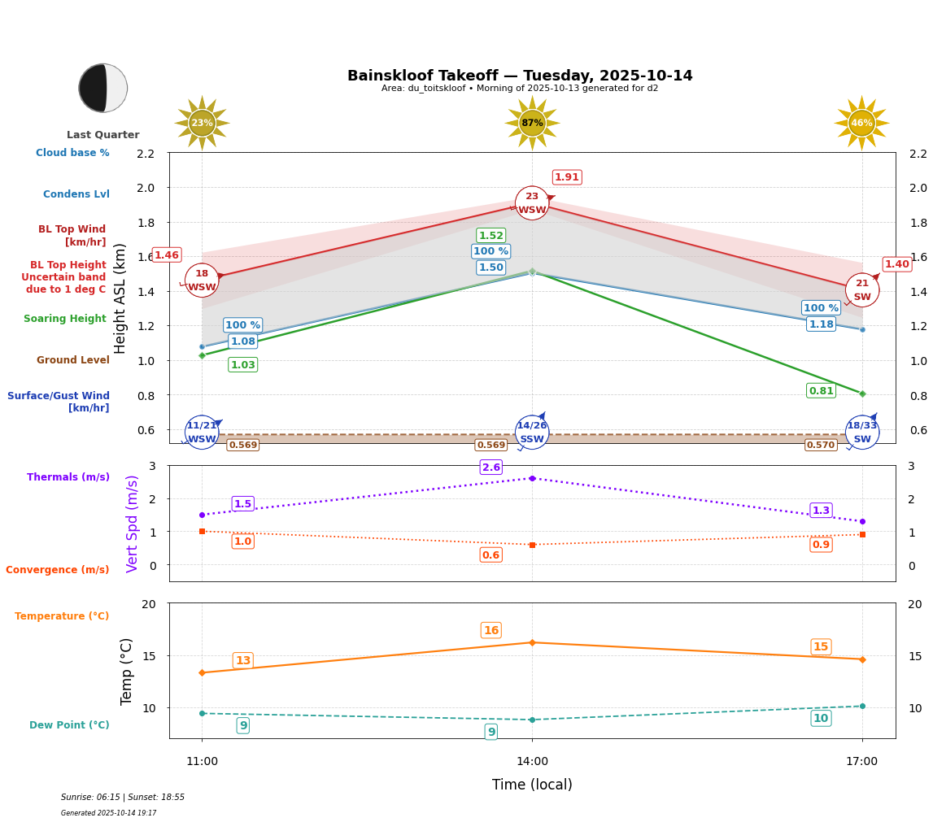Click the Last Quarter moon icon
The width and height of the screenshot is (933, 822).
click(103, 88)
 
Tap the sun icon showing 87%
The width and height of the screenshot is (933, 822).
click(532, 123)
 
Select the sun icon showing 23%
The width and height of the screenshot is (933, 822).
click(202, 123)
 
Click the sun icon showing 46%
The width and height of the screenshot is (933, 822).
click(861, 123)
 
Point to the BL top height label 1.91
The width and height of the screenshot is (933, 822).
click(567, 177)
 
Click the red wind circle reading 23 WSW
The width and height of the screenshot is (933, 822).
click(532, 203)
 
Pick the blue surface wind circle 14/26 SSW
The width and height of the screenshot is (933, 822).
click(532, 433)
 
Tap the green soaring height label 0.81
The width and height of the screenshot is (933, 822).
click(821, 391)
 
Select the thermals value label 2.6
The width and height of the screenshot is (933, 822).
click(491, 468)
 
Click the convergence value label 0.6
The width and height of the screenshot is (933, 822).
click(491, 555)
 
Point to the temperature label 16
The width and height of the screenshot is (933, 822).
click(491, 630)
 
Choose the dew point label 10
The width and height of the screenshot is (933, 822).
click(821, 718)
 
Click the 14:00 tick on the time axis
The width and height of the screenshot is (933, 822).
click(532, 762)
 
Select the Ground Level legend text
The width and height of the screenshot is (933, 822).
click(73, 360)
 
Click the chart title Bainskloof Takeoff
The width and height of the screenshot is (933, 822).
click(520, 76)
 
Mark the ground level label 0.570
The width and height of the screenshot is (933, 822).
click(820, 445)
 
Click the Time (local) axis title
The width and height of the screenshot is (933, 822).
click(532, 785)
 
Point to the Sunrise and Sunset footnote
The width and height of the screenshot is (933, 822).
click(123, 798)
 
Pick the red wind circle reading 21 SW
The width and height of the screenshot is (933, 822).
click(862, 290)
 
